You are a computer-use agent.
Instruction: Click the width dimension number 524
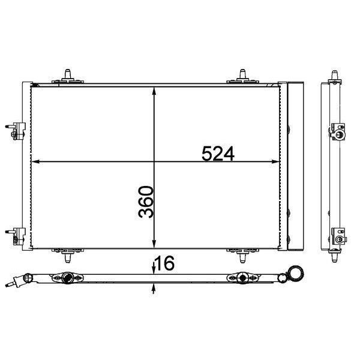tap(218, 154)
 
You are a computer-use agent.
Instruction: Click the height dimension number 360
tap(146, 202)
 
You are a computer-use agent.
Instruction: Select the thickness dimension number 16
tap(165, 263)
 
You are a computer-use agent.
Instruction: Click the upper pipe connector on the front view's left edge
tap(16, 131)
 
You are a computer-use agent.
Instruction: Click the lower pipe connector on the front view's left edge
tap(16, 236)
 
